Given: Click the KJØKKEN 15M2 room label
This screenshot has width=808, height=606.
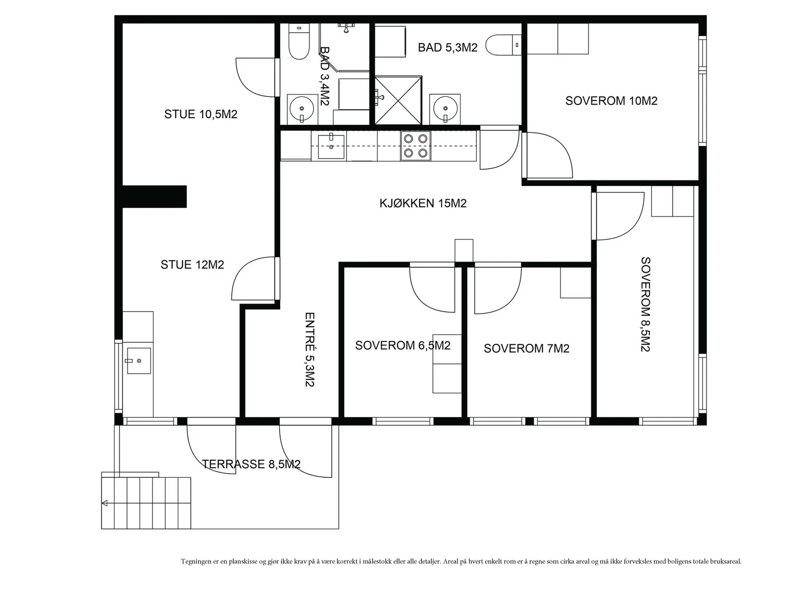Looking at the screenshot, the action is (423, 203).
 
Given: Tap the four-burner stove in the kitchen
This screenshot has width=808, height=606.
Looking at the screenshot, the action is (415, 146).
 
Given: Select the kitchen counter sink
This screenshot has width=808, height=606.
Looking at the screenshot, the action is (331, 146).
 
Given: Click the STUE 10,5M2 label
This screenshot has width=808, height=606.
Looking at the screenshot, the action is (200, 114).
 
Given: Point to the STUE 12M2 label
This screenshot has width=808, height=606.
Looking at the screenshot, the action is (192, 265).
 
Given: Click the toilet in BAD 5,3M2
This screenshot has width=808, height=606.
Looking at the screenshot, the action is (503, 45).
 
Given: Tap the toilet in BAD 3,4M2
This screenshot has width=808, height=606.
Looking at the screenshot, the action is (298, 41).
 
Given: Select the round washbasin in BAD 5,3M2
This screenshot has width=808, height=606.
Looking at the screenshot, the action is (445, 109).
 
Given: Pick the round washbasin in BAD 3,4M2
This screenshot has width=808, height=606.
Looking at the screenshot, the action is (302, 109).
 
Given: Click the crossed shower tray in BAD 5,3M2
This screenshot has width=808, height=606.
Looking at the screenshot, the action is (398, 100).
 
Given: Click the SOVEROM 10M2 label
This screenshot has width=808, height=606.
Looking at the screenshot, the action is (611, 101).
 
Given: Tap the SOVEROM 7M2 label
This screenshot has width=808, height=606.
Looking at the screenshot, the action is (526, 348).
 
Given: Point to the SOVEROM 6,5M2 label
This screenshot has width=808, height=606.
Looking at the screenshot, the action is (402, 345).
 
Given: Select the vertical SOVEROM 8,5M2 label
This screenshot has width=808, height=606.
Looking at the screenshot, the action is (646, 305).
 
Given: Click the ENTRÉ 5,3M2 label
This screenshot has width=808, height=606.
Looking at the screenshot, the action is (310, 349).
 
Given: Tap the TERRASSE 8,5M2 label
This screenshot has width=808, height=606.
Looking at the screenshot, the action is (251, 464).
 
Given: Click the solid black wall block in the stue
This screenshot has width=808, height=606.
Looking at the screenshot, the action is (154, 196).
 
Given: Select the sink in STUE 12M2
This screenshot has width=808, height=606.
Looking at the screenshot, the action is (139, 361).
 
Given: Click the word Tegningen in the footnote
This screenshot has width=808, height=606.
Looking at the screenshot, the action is (196, 562).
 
